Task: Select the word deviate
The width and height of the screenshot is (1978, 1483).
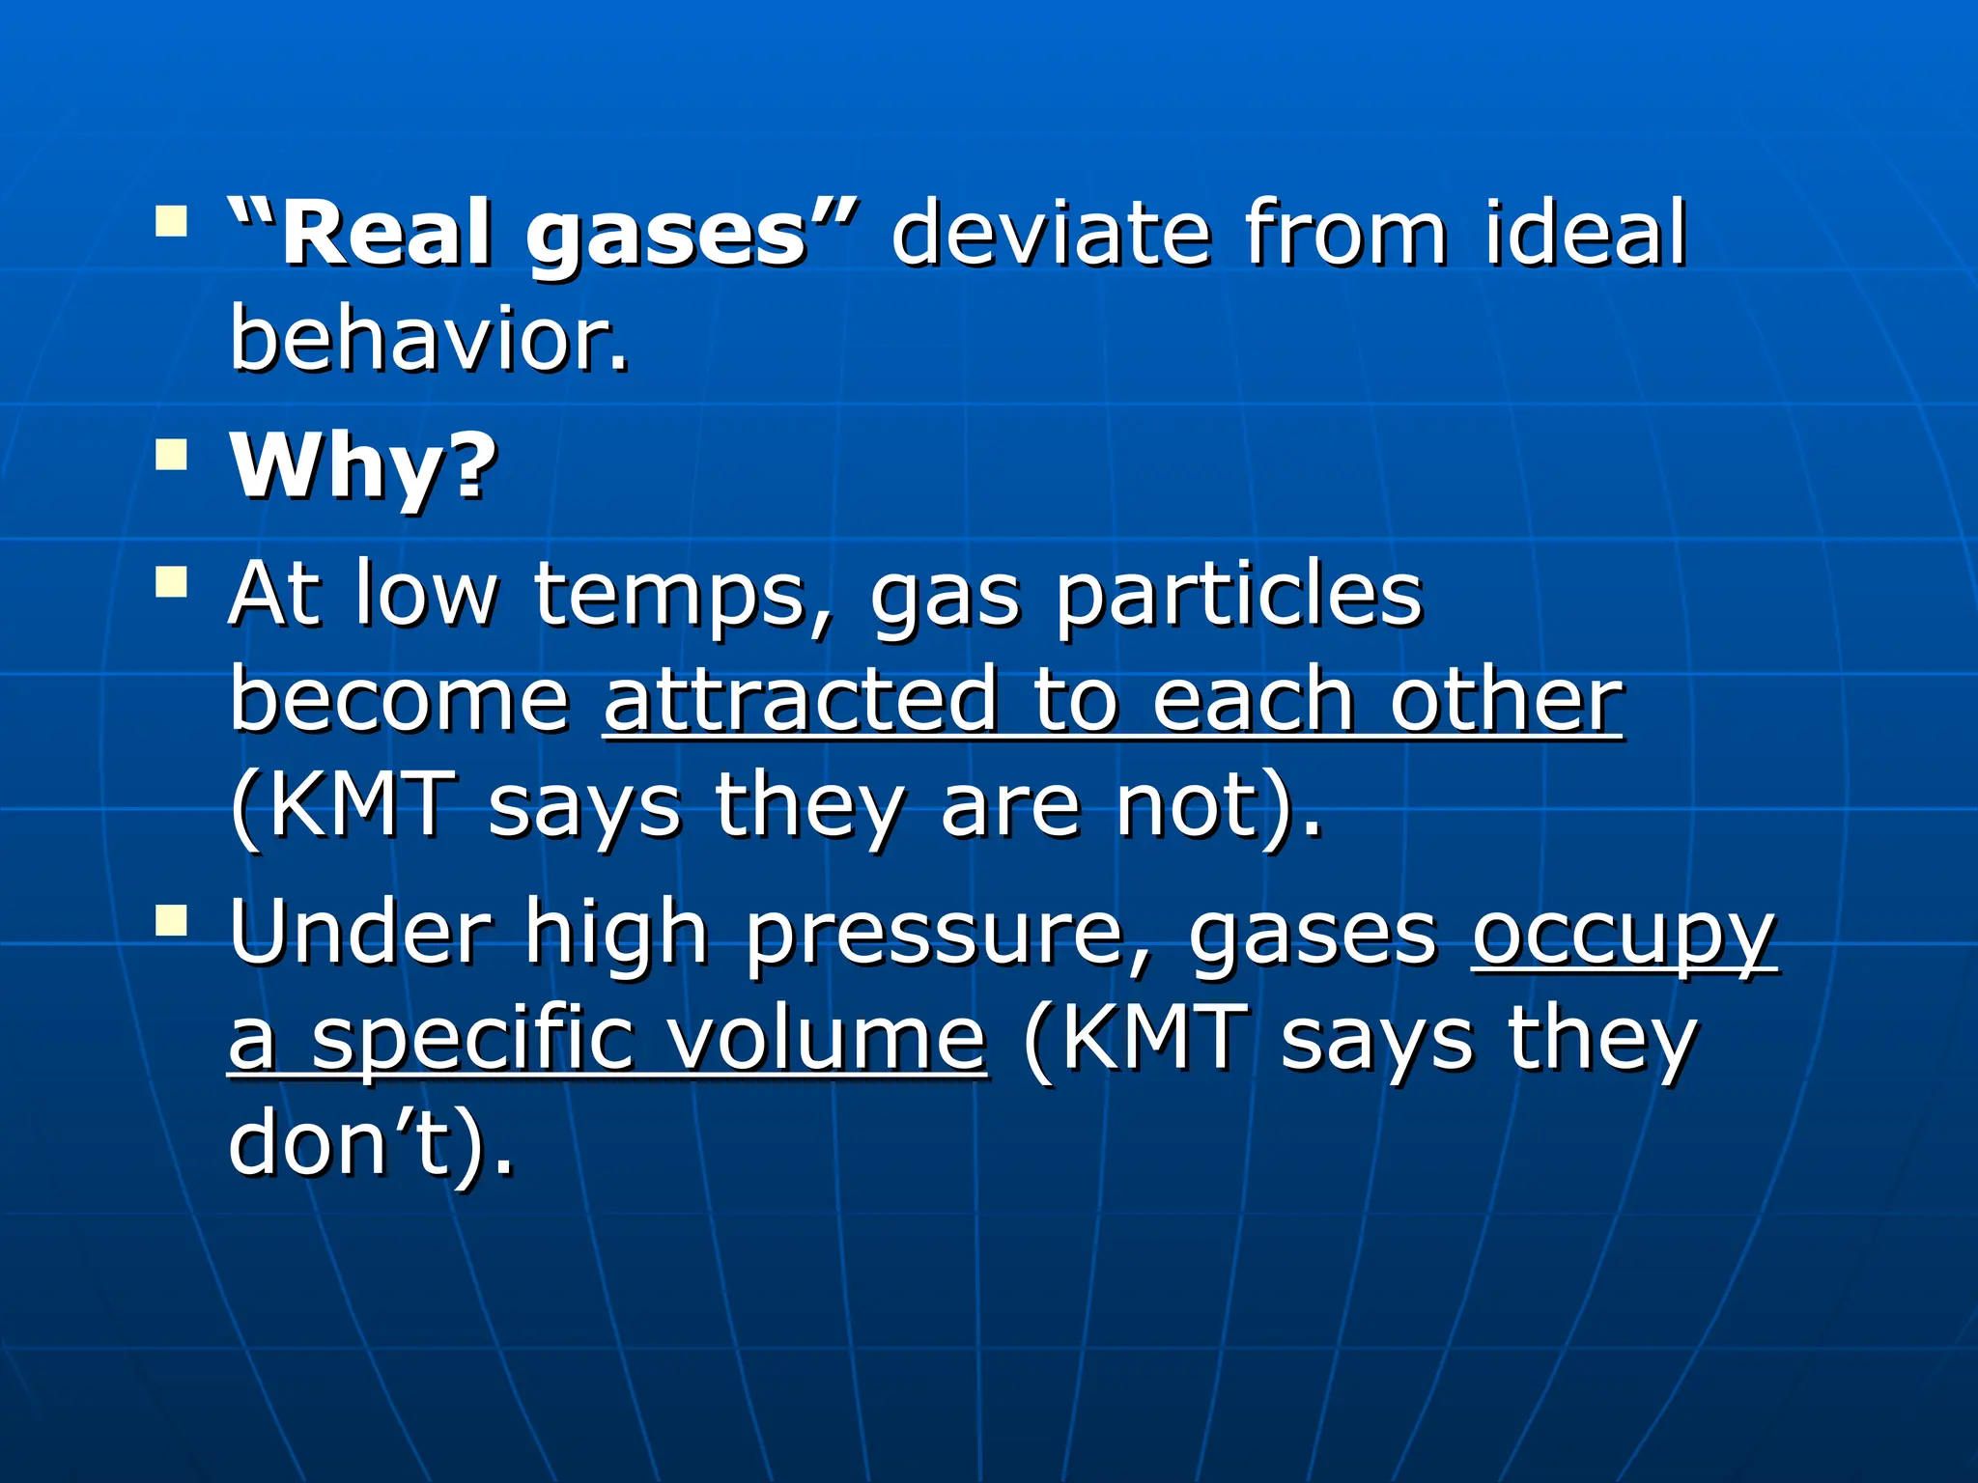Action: (1050, 234)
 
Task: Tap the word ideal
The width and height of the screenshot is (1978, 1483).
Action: (1585, 234)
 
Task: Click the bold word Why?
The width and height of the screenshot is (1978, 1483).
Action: (363, 467)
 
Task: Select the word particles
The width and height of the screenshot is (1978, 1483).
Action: (1238, 595)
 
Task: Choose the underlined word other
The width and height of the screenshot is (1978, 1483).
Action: (1507, 700)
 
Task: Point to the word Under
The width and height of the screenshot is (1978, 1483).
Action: (360, 933)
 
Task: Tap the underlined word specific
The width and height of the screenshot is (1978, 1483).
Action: (473, 1041)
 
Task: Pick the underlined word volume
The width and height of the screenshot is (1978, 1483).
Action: (828, 1041)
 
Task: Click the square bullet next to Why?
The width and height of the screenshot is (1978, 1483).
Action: (171, 454)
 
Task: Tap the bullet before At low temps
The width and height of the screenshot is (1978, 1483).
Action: (171, 582)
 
